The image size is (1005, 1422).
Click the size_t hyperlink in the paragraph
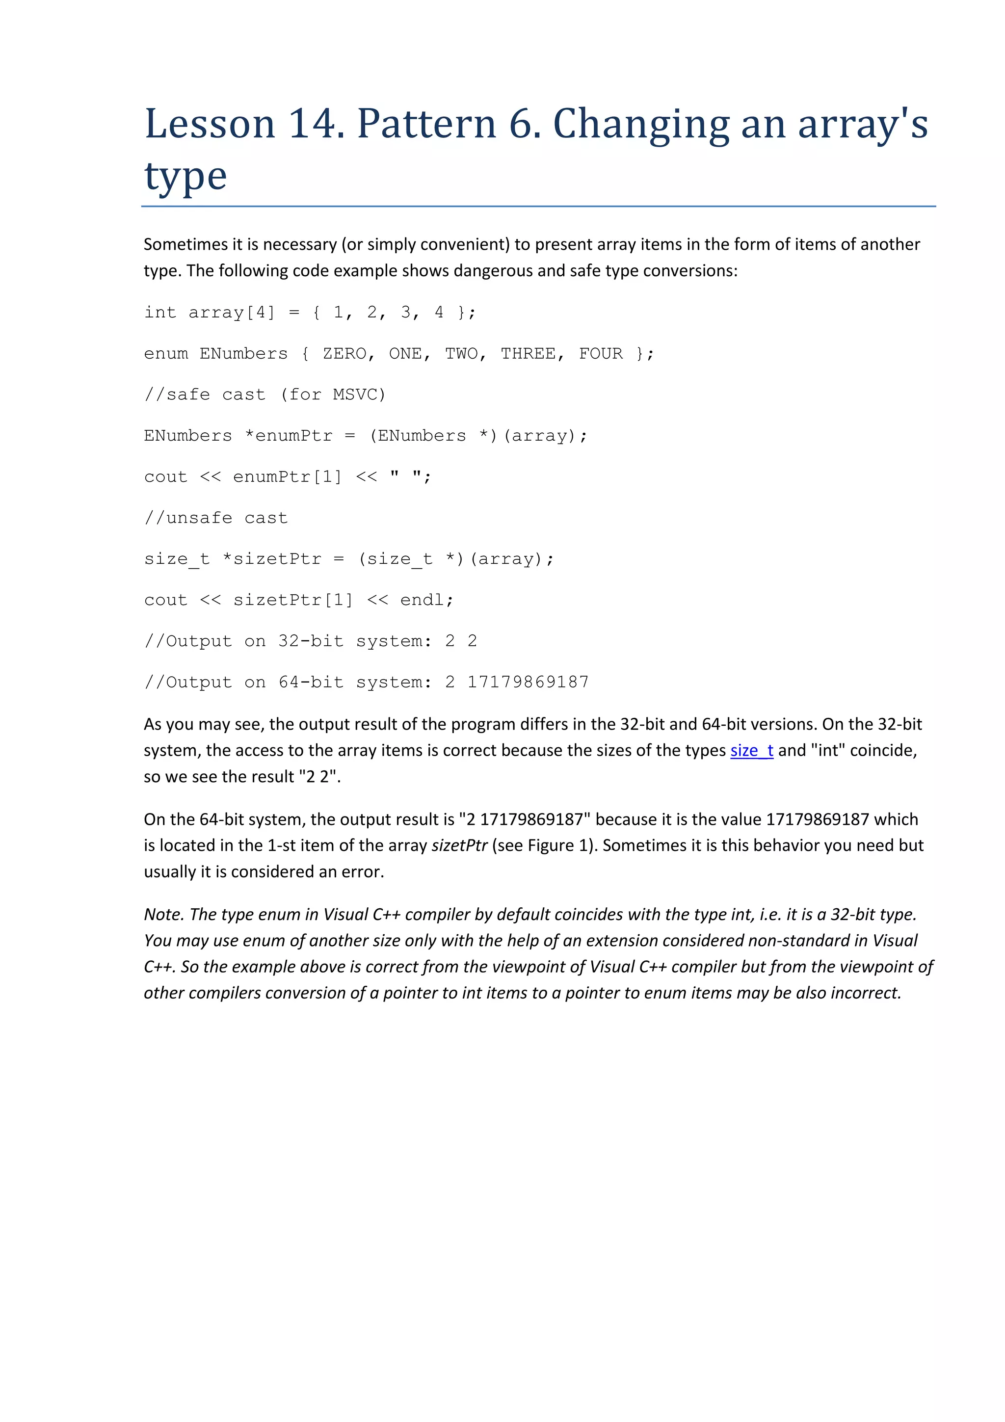click(x=751, y=750)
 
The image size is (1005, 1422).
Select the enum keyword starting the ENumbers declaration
click(x=165, y=354)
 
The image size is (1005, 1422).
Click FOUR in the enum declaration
click(x=601, y=354)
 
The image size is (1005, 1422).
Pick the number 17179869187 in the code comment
click(x=528, y=682)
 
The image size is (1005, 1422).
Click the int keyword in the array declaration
click(x=160, y=313)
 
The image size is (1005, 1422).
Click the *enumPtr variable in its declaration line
click(x=289, y=436)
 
